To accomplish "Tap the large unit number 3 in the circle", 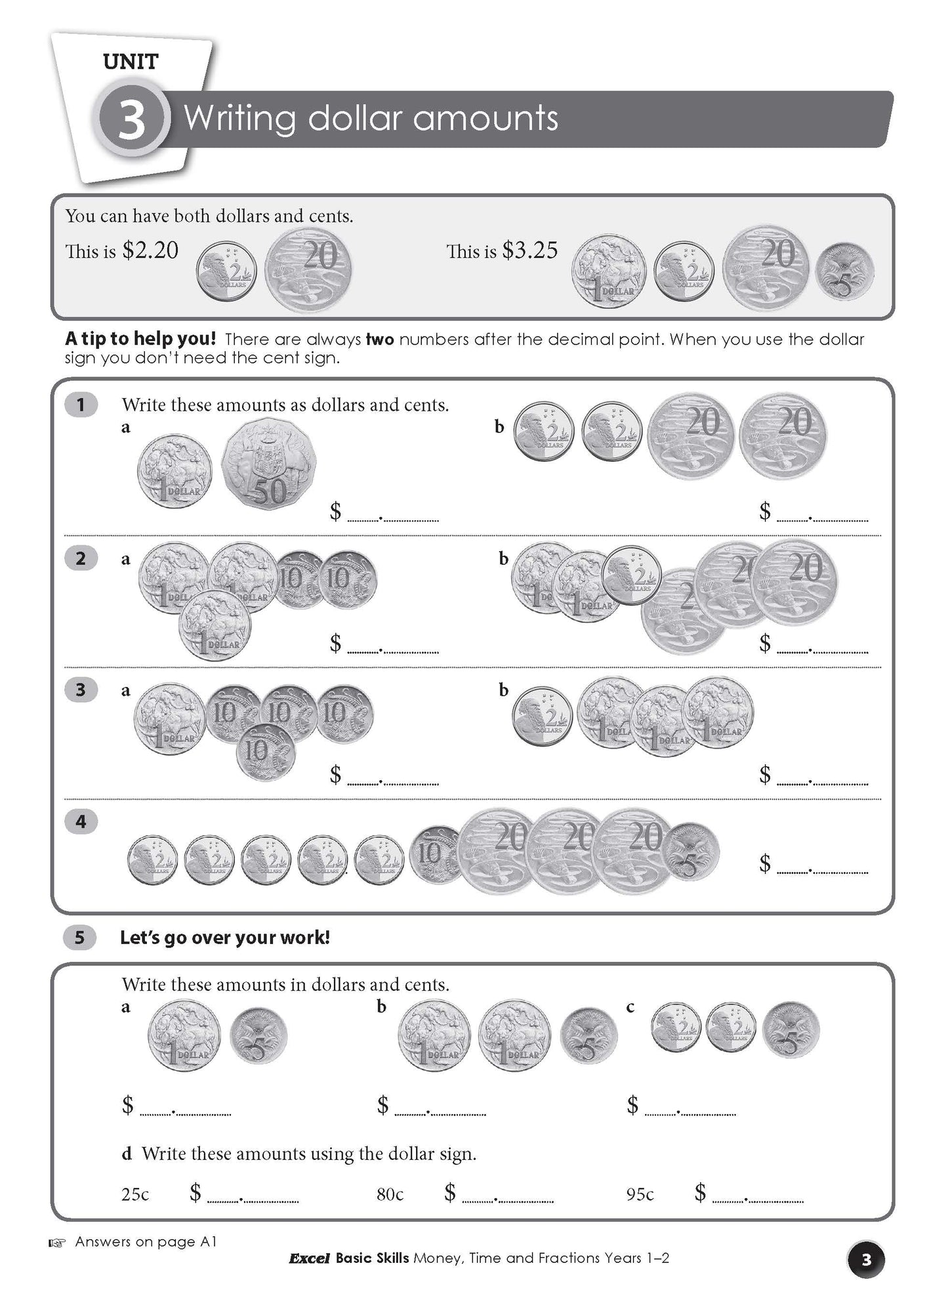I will [131, 120].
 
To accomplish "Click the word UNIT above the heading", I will [131, 62].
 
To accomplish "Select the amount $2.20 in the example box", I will [150, 250].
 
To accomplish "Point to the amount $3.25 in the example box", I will [529, 250].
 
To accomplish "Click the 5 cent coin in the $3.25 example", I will [845, 269].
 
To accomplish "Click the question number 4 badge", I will [81, 821].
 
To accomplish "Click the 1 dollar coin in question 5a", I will [184, 1037].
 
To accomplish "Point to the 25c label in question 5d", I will [135, 1194].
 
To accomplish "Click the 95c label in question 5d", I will [640, 1194].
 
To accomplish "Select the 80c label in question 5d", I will [390, 1194].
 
